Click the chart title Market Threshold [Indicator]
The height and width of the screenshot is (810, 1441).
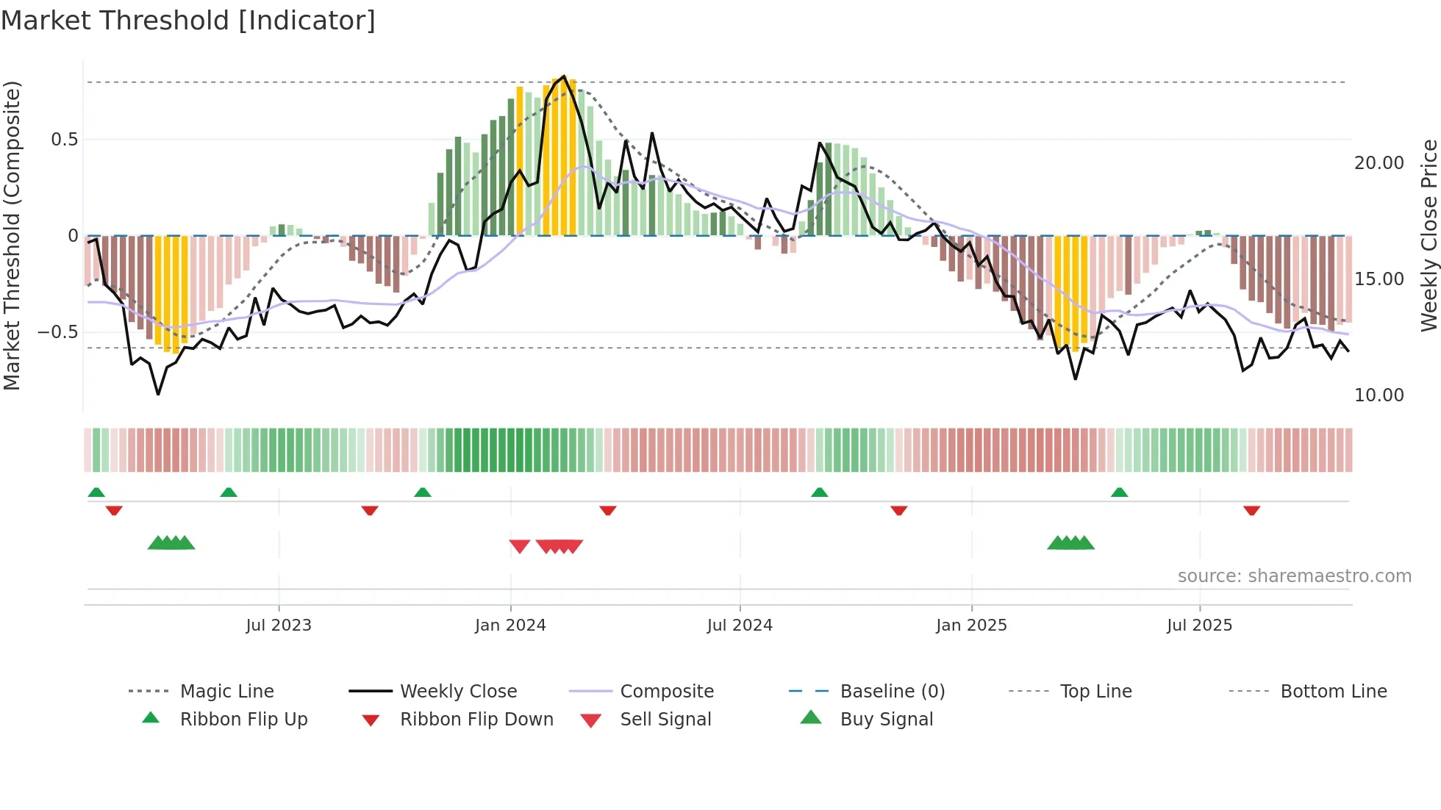(x=188, y=21)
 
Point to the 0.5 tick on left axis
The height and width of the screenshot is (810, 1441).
(x=64, y=140)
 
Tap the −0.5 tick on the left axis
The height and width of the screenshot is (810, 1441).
(x=58, y=332)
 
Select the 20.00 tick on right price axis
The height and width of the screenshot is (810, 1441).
(x=1379, y=163)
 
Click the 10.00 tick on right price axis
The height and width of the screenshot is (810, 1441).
(x=1379, y=395)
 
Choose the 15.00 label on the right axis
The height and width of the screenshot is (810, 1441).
(x=1379, y=279)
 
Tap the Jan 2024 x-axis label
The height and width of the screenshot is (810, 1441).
(x=510, y=626)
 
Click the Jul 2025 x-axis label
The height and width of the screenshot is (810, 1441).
(x=1199, y=626)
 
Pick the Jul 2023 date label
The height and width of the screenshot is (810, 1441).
(x=279, y=626)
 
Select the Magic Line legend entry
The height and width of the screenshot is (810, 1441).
(x=226, y=692)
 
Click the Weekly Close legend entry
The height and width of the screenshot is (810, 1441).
(x=458, y=692)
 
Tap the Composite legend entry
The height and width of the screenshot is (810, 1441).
(x=667, y=692)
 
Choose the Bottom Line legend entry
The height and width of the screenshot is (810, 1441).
(x=1333, y=692)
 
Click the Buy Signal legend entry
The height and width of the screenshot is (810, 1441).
(x=886, y=720)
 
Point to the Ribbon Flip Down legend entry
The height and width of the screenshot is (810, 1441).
(x=476, y=720)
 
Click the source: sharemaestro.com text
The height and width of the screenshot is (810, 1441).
(x=1294, y=576)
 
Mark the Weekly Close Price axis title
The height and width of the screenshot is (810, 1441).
(x=1429, y=235)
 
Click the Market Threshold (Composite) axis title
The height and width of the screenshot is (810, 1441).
(x=12, y=235)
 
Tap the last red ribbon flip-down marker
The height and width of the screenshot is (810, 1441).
(x=1251, y=510)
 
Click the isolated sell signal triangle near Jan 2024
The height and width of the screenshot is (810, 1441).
(x=520, y=546)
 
